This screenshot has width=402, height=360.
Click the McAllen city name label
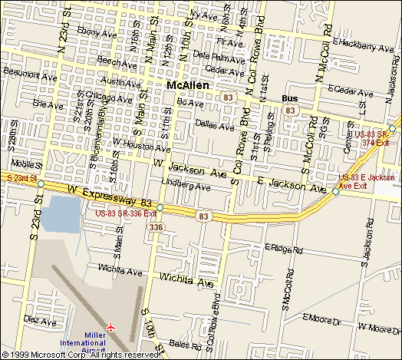(189, 86)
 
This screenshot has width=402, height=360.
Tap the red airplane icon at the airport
(112, 327)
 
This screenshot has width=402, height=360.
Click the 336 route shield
(157, 227)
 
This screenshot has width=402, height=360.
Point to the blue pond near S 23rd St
(59, 214)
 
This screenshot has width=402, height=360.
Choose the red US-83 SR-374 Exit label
(376, 138)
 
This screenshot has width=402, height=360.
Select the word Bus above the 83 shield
(289, 99)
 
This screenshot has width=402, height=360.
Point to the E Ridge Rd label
(284, 248)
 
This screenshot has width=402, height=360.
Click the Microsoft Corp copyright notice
(81, 355)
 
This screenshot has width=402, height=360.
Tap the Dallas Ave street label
(213, 123)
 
